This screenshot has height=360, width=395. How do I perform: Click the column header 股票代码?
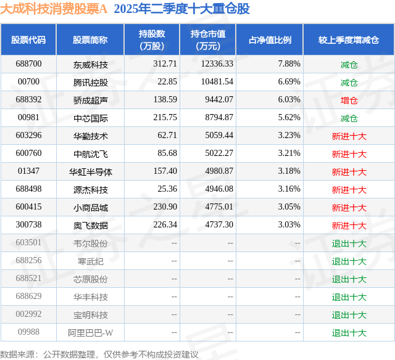tap(28, 39)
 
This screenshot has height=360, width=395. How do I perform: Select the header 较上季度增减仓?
tap(349, 39)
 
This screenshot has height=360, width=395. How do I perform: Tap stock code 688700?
tap(28, 64)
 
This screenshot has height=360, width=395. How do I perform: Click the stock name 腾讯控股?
tap(90, 82)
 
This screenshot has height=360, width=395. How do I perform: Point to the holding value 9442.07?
tap(217, 100)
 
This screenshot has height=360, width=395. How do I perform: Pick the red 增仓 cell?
tap(349, 100)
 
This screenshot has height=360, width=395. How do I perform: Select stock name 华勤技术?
tap(90, 136)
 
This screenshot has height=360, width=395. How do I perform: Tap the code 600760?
tap(28, 153)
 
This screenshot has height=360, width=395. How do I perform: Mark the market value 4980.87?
tap(217, 171)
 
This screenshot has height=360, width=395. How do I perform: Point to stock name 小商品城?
tap(90, 208)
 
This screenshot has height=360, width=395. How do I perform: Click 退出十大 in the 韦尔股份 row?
tap(349, 243)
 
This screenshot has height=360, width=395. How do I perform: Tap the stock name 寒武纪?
tap(90, 261)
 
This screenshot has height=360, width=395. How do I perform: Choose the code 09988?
tap(28, 333)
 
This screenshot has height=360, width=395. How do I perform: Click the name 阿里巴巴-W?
tap(90, 333)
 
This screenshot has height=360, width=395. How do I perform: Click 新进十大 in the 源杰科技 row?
tap(349, 189)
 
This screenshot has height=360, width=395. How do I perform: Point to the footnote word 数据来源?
tap(17, 354)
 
